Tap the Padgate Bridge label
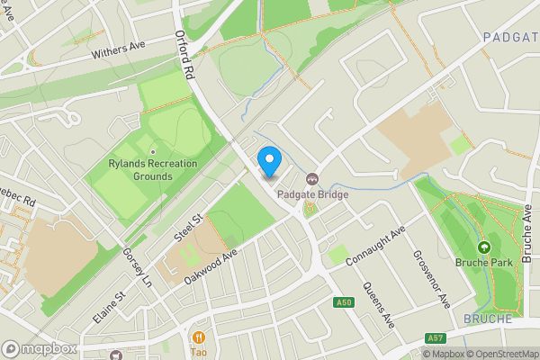click(313, 192)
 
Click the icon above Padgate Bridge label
click(312, 178)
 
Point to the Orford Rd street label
click(185, 53)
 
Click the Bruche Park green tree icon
click(484, 247)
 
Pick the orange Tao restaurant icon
click(198, 337)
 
